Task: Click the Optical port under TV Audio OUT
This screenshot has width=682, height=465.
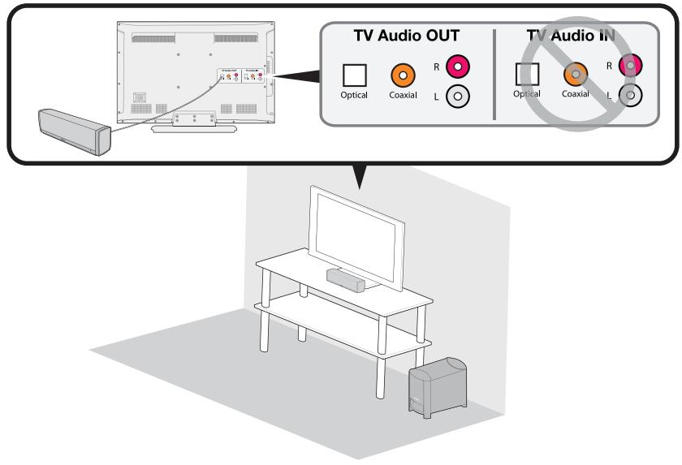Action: click(355, 75)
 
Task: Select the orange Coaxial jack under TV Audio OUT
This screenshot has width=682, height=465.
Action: click(404, 75)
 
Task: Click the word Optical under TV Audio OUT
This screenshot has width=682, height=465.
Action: click(355, 95)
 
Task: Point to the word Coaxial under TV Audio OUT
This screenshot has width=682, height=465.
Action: click(404, 95)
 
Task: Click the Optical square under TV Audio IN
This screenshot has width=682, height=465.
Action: click(527, 75)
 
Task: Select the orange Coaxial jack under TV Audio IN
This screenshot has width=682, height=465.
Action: click(575, 75)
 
